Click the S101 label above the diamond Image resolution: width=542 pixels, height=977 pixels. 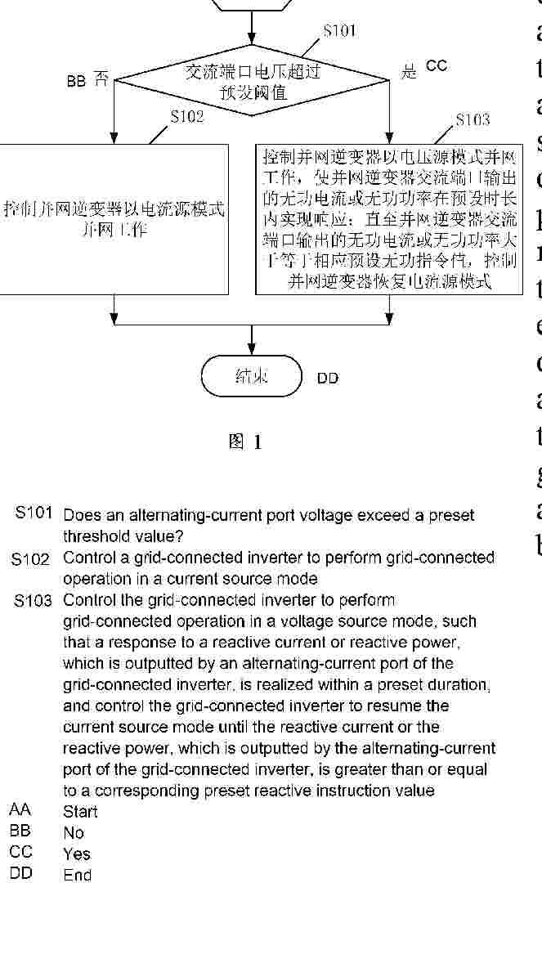pos(339,31)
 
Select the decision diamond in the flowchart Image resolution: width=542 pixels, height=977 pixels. pos(252,81)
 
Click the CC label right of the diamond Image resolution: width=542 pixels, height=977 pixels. pos(437,66)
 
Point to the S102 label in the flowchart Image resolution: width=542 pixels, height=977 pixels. pos(186,117)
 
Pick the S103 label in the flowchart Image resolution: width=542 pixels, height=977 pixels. pos(473,120)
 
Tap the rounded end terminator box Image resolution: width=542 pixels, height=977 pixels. pos(252,376)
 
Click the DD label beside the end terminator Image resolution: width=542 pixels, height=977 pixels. pos(328,379)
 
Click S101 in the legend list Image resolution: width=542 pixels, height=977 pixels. pos(34,514)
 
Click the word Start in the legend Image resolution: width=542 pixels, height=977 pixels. pos(80,812)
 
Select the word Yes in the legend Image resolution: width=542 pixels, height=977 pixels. pos(77,854)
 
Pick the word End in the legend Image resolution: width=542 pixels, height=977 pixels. pos(78,876)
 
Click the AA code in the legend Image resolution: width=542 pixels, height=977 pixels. pos(20,810)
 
